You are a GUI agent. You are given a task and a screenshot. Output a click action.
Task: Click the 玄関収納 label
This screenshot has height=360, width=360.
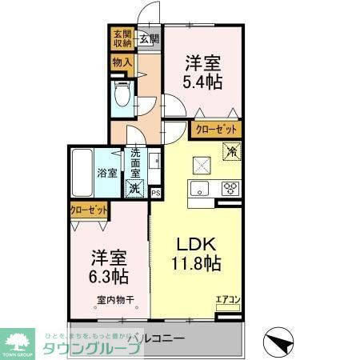tap(122, 39)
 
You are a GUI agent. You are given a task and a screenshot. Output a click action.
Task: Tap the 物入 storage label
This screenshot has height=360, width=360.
tap(122, 62)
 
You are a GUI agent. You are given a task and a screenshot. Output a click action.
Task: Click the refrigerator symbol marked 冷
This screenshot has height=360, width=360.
tap(231, 150)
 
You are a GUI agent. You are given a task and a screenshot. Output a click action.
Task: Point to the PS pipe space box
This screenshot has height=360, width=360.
tap(155, 192)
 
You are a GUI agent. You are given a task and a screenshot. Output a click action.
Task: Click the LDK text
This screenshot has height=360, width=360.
tap(192, 244)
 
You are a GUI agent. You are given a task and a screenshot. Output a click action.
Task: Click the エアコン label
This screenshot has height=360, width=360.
tap(228, 300)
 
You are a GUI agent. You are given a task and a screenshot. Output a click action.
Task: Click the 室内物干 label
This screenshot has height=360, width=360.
tap(112, 300)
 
